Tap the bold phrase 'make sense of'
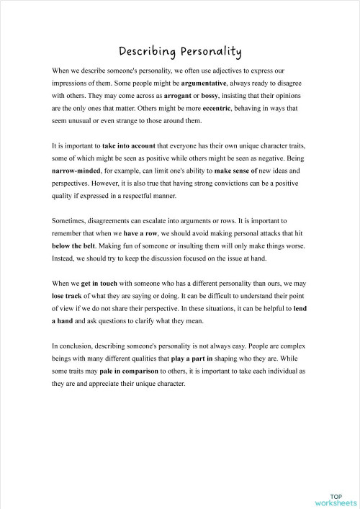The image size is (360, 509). tap(237, 170)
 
